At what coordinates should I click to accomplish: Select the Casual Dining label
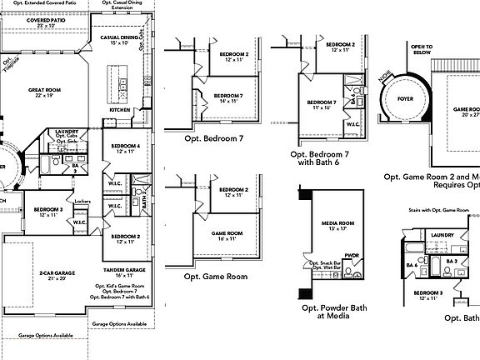tap(119, 39)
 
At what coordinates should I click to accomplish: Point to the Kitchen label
tap(120, 110)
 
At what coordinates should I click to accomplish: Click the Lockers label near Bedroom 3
tap(82, 202)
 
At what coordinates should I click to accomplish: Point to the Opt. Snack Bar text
tap(325, 263)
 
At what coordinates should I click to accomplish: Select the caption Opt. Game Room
tap(215, 276)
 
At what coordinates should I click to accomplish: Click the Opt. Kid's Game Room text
tap(124, 286)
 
